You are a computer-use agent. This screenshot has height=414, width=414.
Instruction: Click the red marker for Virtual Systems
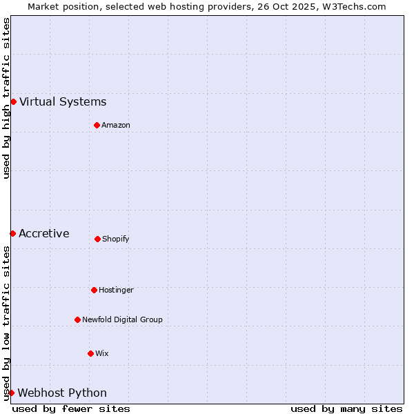pos(13,101)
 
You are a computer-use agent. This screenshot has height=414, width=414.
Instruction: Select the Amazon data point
pos(97,125)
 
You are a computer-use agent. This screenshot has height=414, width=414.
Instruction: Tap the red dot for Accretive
pos(12,233)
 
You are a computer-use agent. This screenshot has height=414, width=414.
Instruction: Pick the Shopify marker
pos(97,239)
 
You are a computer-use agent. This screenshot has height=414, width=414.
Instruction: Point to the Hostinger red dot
pos(94,290)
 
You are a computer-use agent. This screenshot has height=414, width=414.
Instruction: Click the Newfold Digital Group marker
pos(77,319)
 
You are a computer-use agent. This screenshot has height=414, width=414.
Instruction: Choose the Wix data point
pos(90,353)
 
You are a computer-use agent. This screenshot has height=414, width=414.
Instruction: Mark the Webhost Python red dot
pos(11,393)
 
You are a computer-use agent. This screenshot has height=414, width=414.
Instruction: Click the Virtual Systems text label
pos(63,102)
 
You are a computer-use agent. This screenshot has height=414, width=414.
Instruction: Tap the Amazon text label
pos(116,125)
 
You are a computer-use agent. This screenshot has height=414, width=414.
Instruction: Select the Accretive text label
pos(44,233)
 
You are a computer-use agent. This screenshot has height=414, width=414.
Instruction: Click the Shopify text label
pos(116,239)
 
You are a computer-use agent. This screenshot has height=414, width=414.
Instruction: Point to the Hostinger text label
pos(116,290)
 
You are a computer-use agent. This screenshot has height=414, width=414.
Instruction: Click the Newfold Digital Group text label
pos(122,319)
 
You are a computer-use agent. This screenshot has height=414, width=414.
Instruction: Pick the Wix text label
pos(102,353)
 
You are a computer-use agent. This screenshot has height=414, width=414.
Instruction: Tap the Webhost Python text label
pos(62,393)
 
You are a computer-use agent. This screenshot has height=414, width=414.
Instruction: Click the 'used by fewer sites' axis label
pos(71,408)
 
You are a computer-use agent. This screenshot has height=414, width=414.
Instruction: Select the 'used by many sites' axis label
pos(346,408)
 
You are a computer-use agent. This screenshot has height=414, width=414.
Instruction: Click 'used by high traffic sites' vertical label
pos(6,98)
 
